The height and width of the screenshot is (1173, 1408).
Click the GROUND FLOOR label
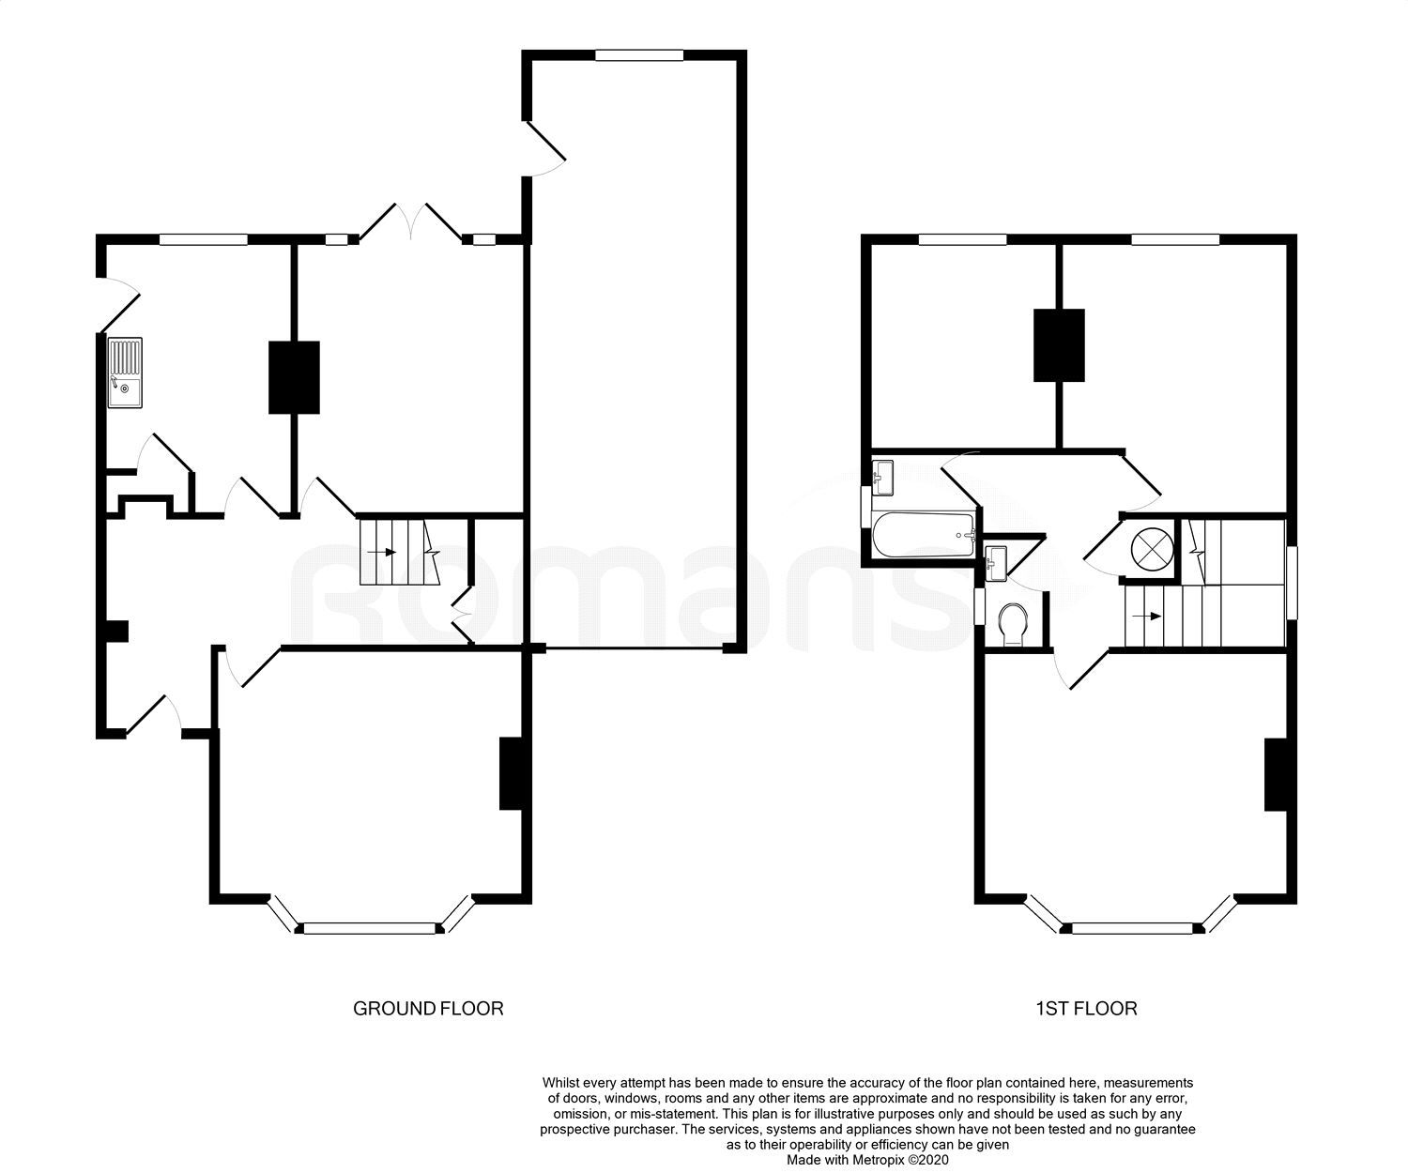point(428,1009)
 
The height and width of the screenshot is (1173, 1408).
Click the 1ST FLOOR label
point(1086,1009)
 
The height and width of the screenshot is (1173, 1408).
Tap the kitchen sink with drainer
point(125,373)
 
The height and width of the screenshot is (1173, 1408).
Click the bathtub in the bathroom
point(923,535)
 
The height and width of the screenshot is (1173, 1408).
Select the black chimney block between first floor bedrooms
point(1060,345)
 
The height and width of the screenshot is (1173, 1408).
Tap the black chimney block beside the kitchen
point(294,377)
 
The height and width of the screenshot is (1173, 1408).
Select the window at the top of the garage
point(639,55)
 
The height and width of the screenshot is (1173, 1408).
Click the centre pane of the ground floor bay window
point(370,928)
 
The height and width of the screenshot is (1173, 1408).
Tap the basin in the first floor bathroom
point(882,477)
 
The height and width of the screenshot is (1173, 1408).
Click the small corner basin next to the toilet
point(996,564)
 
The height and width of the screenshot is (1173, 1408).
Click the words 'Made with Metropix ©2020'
point(867,1160)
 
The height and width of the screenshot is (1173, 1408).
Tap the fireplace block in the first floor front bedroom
point(1276,774)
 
